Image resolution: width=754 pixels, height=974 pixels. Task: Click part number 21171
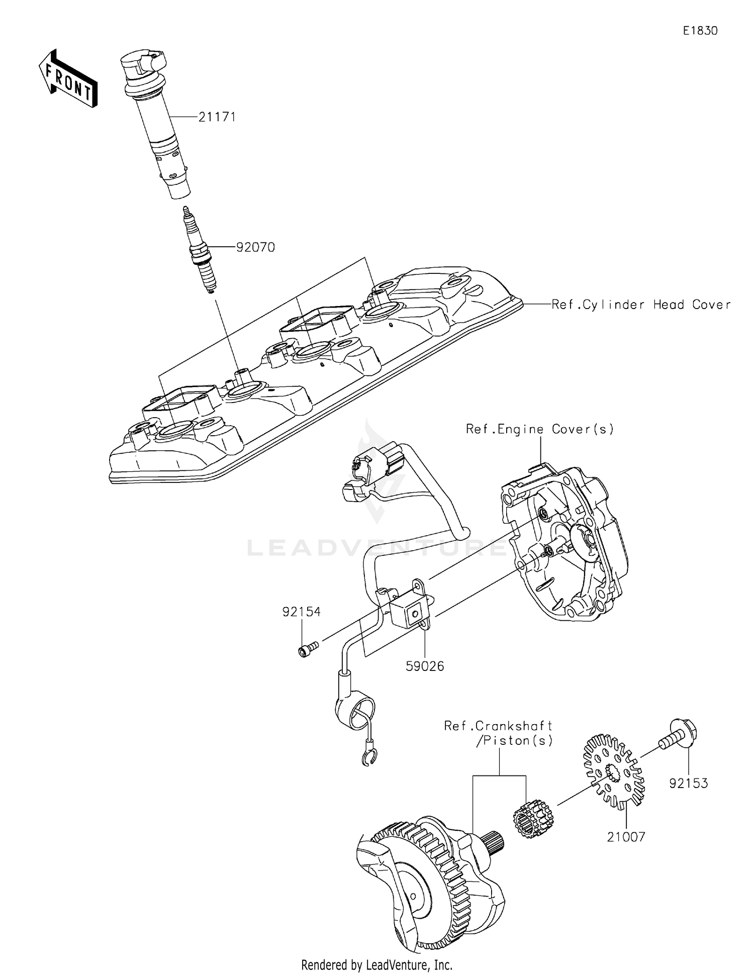coord(217,117)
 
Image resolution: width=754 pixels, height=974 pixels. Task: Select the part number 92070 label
coord(256,247)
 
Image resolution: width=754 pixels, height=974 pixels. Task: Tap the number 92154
coord(301,612)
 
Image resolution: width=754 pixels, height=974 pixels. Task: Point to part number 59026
coord(425,666)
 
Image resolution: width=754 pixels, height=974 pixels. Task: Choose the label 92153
coord(688,783)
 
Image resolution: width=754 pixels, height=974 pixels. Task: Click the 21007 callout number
coord(626,837)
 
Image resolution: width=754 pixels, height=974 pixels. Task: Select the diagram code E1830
coord(700,31)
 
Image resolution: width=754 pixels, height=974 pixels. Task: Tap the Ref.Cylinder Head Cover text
coord(641,305)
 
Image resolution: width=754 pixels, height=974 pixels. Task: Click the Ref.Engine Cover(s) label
coord(540,429)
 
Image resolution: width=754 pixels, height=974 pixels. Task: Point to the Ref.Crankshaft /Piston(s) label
coord(499,733)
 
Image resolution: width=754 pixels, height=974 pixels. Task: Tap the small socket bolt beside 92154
coord(307,649)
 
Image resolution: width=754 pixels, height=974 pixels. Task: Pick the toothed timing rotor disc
coord(613,769)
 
